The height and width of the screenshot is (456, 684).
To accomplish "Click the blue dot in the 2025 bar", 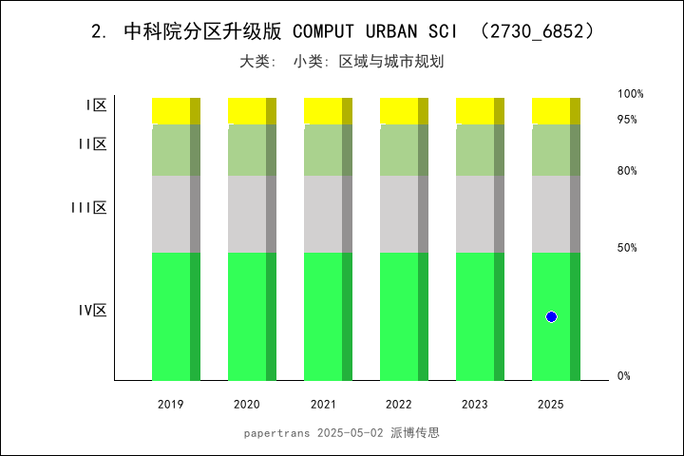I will [x=551, y=316].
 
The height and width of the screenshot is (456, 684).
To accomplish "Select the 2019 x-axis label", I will [x=171, y=405].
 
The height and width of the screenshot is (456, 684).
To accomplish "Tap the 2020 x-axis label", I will [x=247, y=405].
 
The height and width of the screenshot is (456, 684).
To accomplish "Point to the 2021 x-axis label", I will [x=323, y=405].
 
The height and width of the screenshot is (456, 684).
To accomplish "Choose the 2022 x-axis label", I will [x=399, y=405].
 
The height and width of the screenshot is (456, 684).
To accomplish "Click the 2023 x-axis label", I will [x=475, y=405].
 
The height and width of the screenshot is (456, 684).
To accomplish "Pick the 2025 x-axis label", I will [x=551, y=405].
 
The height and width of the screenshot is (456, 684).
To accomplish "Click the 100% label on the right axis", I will [x=631, y=94].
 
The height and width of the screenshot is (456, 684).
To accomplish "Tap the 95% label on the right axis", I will [x=627, y=120].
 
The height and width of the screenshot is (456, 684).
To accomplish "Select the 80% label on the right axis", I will [x=627, y=171].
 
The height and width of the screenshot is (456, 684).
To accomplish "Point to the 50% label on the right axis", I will [x=627, y=248].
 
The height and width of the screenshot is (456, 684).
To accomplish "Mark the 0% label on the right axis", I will [x=624, y=376].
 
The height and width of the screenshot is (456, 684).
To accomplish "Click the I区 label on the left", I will [x=96, y=105].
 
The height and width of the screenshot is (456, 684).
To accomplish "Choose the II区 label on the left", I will [x=92, y=144].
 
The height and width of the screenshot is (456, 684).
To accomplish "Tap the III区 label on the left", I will [x=88, y=208].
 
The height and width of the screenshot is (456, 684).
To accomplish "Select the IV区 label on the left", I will [x=92, y=311].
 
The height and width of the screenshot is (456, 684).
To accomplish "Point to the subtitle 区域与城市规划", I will [x=392, y=62].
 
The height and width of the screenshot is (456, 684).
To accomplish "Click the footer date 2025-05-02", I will [x=351, y=432].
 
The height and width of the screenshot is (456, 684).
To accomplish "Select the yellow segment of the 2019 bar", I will [x=171, y=110].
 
